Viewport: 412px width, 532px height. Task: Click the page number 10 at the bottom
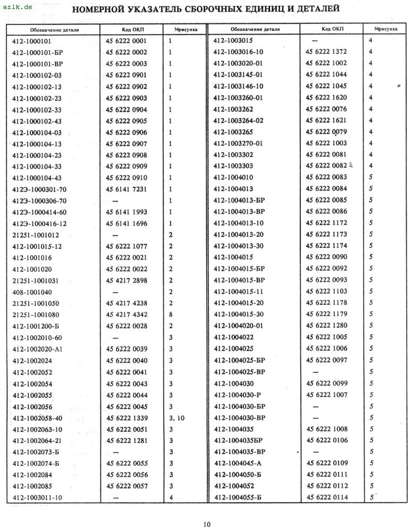coord(206,524)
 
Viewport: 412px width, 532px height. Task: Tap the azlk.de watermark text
coord(16,7)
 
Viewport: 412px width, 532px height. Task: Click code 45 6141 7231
coord(127,189)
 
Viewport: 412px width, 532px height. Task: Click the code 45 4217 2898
coord(127,280)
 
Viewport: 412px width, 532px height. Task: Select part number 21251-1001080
coord(35,315)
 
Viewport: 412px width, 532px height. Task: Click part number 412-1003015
coord(233,40)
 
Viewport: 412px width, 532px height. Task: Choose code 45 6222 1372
coord(326,52)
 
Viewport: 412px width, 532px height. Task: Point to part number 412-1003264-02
coord(238,120)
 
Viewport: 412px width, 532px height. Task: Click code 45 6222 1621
coord(326,120)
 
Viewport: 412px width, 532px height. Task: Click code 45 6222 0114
coord(327,497)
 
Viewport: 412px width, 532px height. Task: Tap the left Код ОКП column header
coord(127,29)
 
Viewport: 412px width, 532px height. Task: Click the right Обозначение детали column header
coord(255,29)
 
